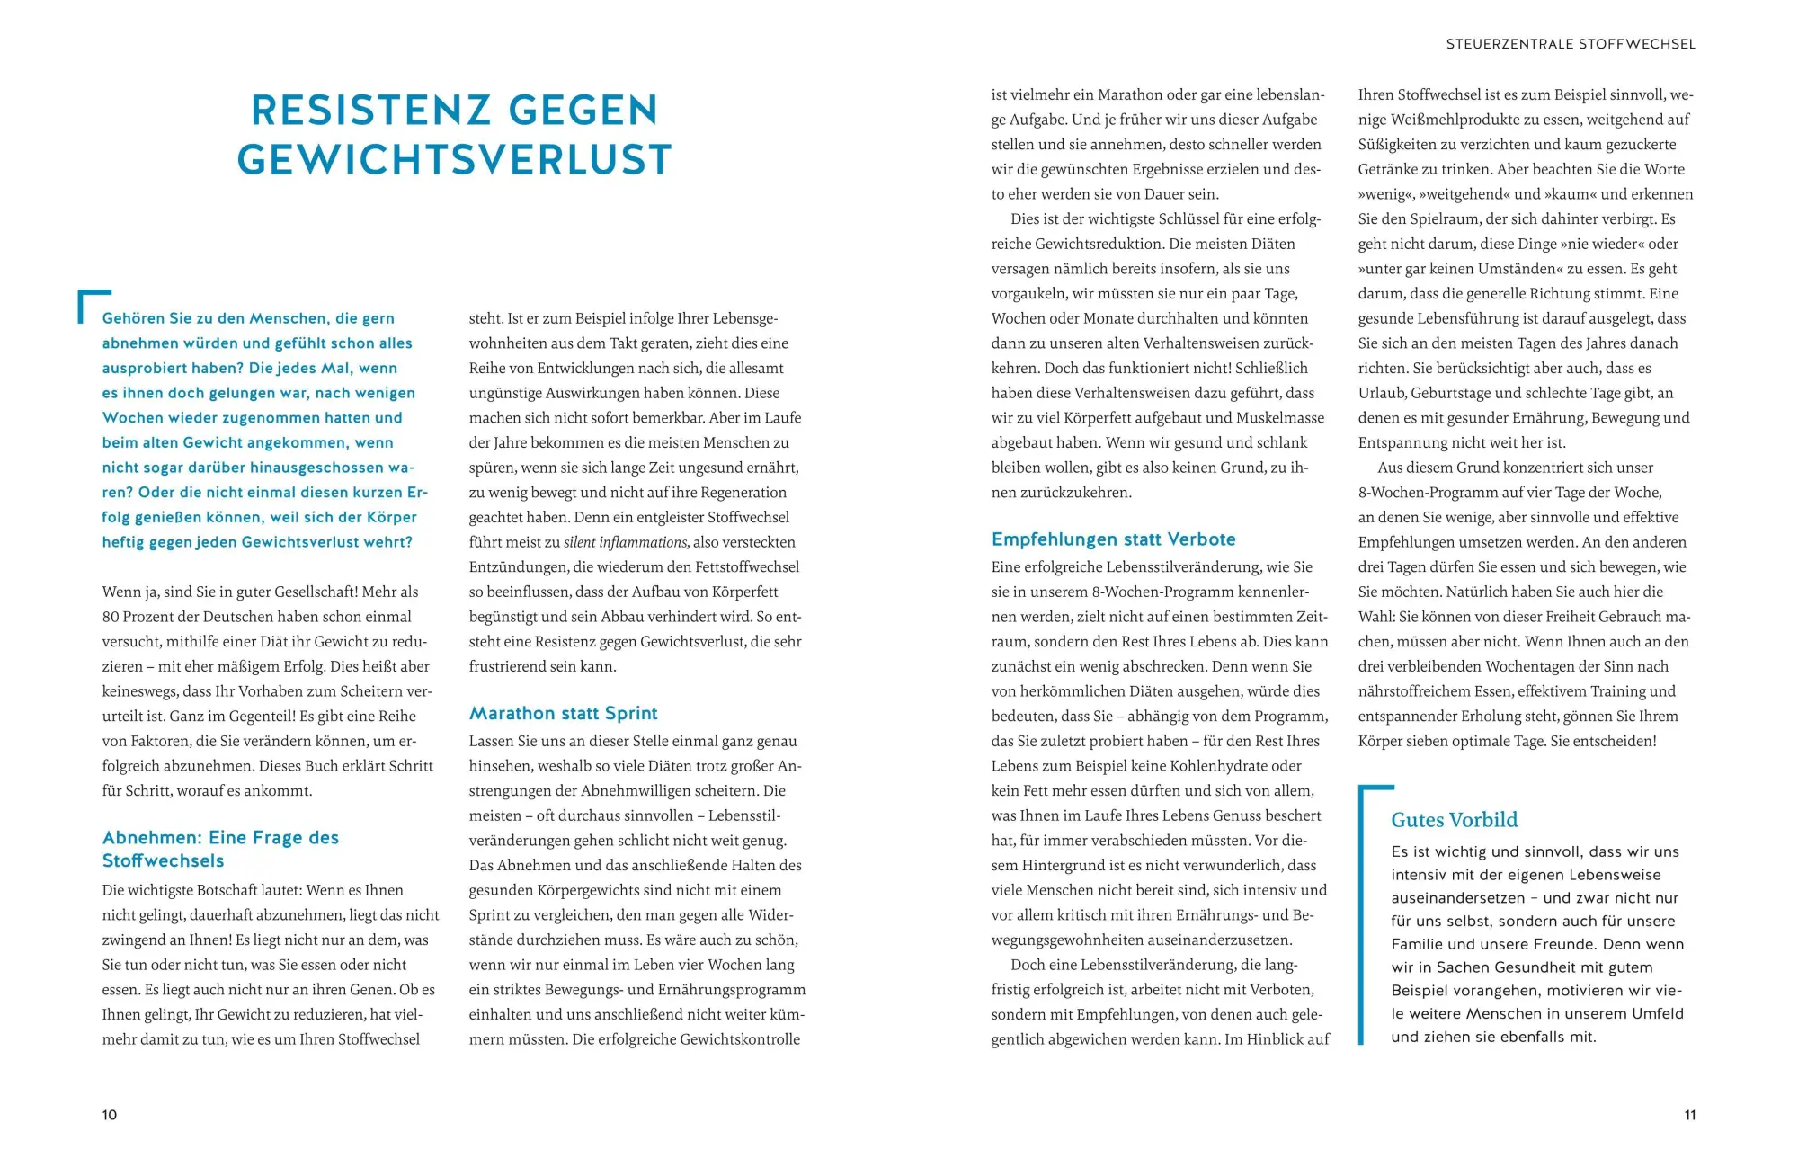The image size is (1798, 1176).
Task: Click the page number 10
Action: tap(110, 1115)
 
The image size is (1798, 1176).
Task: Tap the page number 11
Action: tap(1689, 1115)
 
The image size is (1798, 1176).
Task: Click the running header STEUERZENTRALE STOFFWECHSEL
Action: tap(1571, 44)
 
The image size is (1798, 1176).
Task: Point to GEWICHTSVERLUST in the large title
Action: tap(454, 160)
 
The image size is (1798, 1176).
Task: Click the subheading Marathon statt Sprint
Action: tap(563, 713)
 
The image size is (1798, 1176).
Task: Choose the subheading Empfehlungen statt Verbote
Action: tap(1113, 539)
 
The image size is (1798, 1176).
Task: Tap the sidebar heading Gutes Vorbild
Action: tap(1454, 820)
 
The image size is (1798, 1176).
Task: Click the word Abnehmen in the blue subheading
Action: tap(152, 838)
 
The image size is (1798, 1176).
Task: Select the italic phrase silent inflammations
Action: tap(626, 542)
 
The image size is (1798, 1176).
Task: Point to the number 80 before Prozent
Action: tap(111, 617)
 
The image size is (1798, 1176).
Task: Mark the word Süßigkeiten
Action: tap(1402, 145)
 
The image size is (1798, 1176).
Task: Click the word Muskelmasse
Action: tap(1280, 418)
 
